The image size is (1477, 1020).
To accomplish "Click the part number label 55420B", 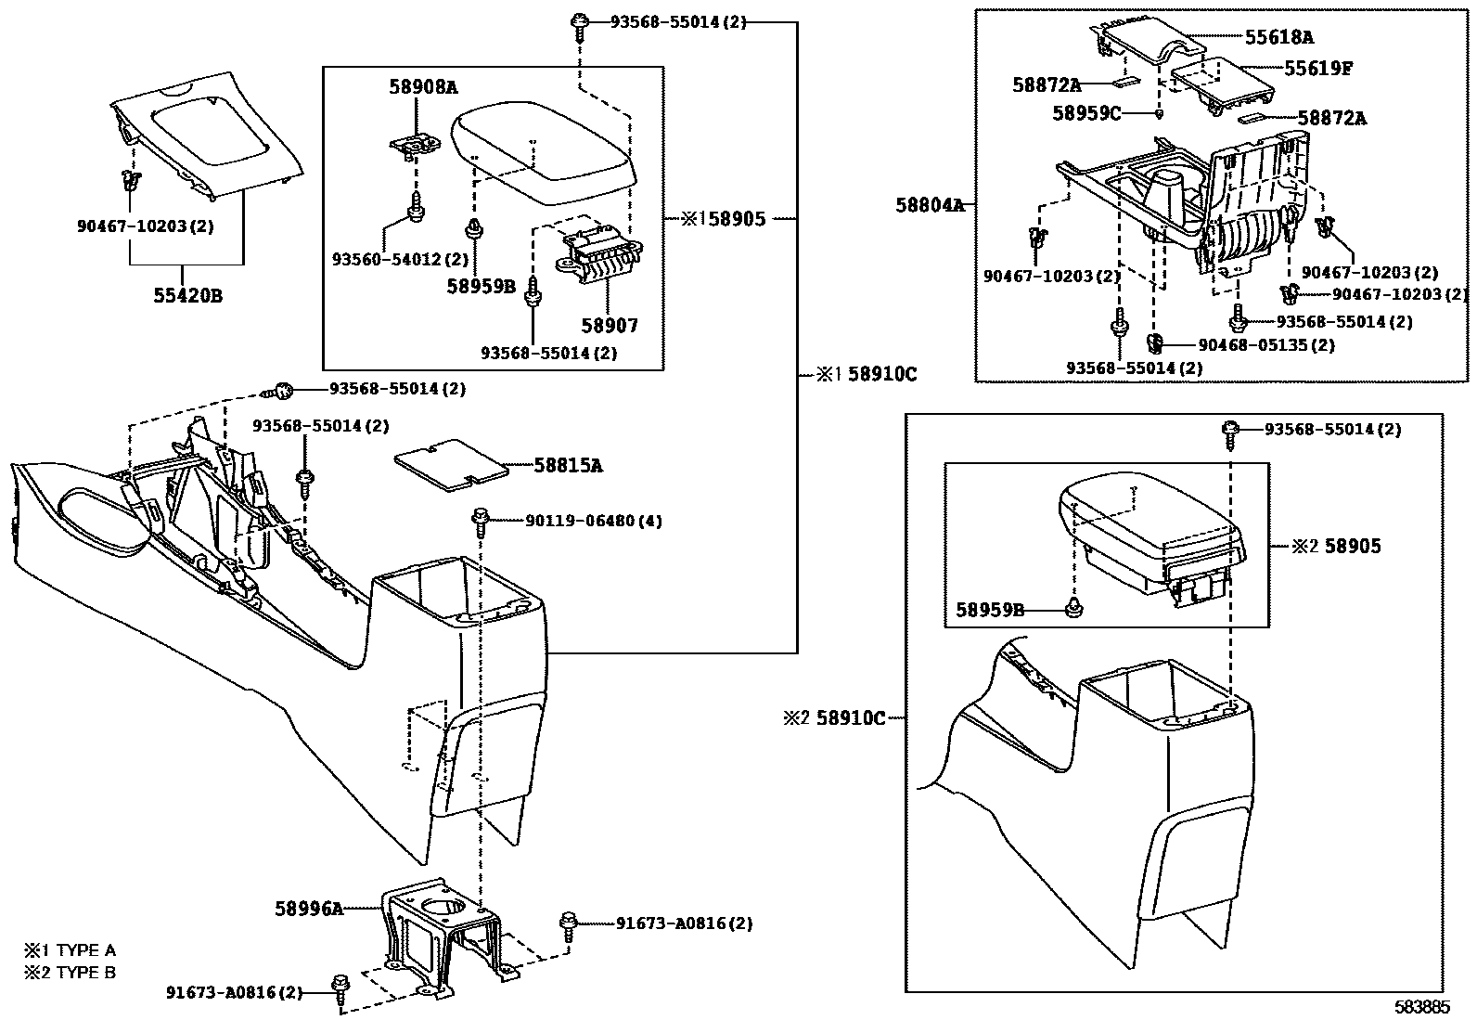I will click(x=188, y=297).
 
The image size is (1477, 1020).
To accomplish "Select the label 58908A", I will click(x=423, y=88).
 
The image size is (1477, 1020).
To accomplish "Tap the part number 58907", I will click(x=610, y=326).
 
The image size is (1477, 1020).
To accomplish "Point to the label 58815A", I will click(x=568, y=466).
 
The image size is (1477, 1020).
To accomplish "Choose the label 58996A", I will click(x=308, y=909).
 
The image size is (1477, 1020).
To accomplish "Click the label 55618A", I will click(x=1278, y=37).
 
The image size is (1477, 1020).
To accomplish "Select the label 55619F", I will click(x=1317, y=69).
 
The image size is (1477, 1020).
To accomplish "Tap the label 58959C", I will click(x=1086, y=113).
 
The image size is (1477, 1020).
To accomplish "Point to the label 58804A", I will click(x=930, y=205).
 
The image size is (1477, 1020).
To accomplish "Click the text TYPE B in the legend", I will click(x=85, y=972).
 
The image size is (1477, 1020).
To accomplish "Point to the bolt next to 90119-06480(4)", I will click(x=482, y=522).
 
